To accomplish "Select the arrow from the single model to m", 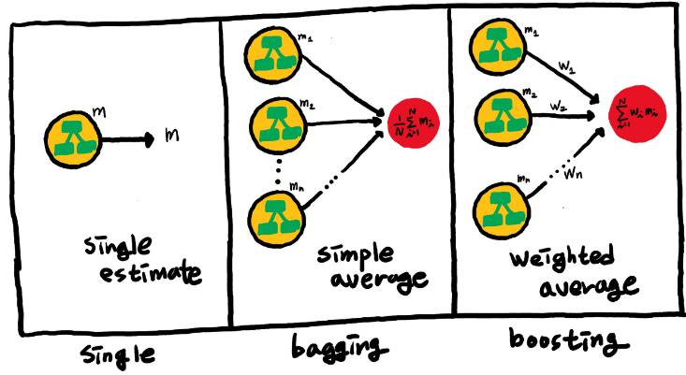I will click(x=125, y=141).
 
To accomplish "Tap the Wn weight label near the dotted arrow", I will click(x=585, y=173).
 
